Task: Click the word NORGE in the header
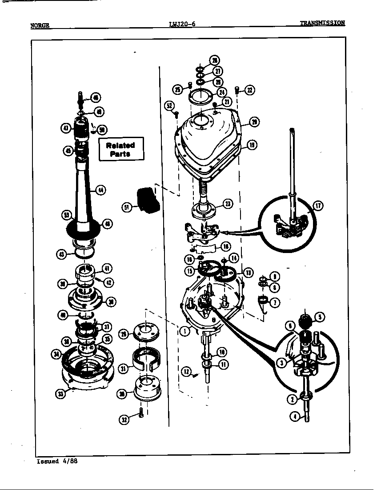(x=40, y=26)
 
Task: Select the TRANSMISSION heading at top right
(x=322, y=23)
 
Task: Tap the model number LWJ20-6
(x=182, y=24)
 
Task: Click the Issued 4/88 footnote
(x=57, y=461)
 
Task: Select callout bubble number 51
(x=127, y=207)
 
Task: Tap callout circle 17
(x=318, y=205)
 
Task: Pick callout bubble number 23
(x=227, y=204)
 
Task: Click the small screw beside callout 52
(x=176, y=114)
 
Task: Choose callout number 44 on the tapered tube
(x=102, y=190)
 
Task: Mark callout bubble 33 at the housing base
(x=61, y=393)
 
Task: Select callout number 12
(x=186, y=372)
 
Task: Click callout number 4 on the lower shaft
(x=294, y=417)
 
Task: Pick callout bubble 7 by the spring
(x=276, y=302)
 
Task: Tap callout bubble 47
(x=65, y=128)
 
